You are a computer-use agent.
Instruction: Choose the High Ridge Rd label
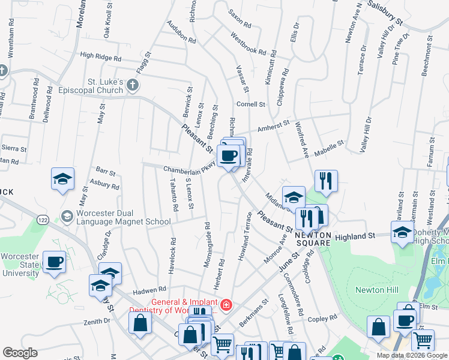[x=100, y=56]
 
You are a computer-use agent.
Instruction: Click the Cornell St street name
[x=250, y=104]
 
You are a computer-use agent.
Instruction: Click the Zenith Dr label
[x=98, y=321]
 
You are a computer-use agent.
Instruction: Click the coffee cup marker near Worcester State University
[x=55, y=262]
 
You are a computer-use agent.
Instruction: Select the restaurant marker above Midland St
[x=326, y=180]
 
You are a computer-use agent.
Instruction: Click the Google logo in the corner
[x=20, y=353]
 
